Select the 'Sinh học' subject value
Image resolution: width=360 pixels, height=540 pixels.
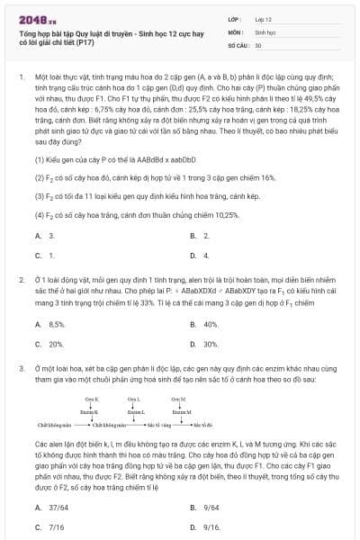264,31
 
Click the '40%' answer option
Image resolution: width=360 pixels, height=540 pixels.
209,324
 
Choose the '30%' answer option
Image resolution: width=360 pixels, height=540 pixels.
209,344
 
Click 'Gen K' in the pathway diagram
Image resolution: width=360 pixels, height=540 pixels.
91,397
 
